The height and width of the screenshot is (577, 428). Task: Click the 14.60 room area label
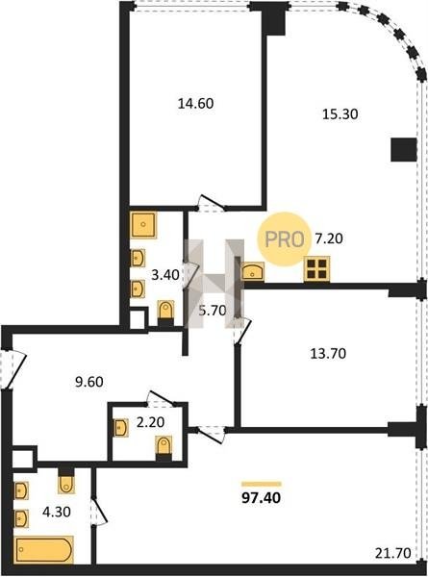[196, 104]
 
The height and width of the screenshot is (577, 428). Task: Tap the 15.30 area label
[340, 114]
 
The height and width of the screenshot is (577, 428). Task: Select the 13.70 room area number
[328, 354]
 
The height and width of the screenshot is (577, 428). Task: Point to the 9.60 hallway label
[89, 383]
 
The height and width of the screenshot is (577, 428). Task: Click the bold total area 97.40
[262, 498]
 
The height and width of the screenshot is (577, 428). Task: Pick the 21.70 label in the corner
[393, 553]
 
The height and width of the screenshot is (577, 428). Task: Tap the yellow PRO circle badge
[284, 239]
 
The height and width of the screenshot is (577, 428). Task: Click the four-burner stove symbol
[316, 269]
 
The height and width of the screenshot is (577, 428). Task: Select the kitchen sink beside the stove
[253, 271]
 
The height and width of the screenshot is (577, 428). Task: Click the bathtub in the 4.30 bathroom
[44, 550]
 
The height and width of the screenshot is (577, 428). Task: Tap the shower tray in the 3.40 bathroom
[143, 225]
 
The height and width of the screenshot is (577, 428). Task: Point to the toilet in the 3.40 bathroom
[165, 314]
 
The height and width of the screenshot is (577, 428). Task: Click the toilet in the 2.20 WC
[164, 448]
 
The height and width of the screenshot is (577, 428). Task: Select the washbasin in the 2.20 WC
[121, 428]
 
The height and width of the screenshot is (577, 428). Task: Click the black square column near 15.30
[404, 149]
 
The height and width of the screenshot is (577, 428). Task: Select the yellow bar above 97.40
[262, 485]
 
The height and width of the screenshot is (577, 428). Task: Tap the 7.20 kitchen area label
[329, 238]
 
